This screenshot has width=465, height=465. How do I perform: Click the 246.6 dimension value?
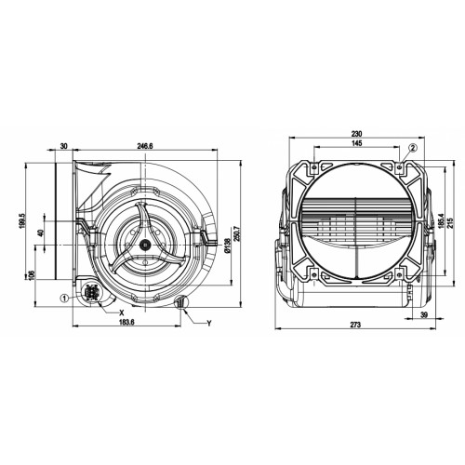pos(145,146)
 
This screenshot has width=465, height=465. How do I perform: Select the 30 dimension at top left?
pos(63,146)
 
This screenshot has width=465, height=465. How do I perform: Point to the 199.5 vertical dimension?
pos(21,220)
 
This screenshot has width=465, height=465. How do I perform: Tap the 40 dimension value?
pos(40,233)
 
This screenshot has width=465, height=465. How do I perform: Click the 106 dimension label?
pos(32,274)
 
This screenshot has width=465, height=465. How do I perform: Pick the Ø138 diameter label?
pos(227,245)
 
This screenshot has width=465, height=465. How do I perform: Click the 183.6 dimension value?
pos(126,322)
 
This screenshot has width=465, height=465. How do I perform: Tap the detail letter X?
pos(122,312)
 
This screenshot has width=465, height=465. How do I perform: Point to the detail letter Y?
pos(209,324)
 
